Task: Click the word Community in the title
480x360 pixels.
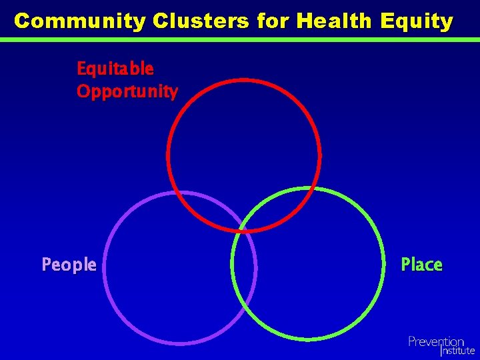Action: click(x=80, y=21)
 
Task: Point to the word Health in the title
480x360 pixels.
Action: click(x=335, y=21)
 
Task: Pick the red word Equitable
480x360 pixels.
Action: click(x=115, y=69)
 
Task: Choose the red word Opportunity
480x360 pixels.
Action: click(x=127, y=91)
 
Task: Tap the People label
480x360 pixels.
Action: click(x=69, y=265)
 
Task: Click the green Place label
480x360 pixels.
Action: click(x=421, y=265)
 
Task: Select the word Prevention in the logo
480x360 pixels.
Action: click(x=436, y=341)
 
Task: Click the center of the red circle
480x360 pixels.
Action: click(x=243, y=155)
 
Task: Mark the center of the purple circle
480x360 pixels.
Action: click(x=179, y=268)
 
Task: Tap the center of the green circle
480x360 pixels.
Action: click(x=308, y=264)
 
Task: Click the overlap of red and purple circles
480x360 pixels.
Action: click(x=213, y=213)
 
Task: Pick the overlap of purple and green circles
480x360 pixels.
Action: click(x=244, y=267)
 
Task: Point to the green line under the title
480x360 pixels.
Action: click(x=240, y=39)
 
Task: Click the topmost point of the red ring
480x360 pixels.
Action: click(x=243, y=79)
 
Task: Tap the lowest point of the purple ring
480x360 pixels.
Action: click(x=179, y=344)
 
